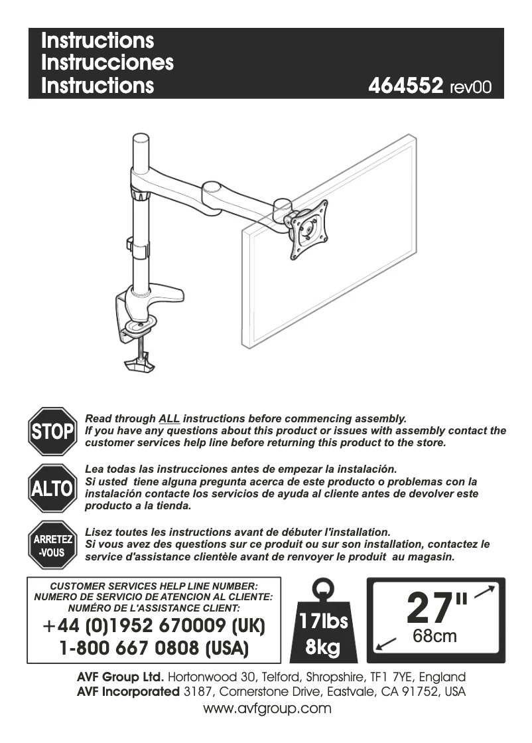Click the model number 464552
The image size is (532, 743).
(x=405, y=87)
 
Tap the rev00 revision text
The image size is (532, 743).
(x=470, y=88)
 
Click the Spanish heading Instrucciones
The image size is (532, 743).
(x=107, y=63)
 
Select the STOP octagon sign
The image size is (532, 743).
(x=52, y=432)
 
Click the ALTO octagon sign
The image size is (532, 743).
(x=52, y=489)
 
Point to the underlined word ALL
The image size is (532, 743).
(x=169, y=419)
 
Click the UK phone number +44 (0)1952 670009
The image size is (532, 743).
(x=154, y=626)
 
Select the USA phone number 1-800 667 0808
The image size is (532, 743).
(x=154, y=647)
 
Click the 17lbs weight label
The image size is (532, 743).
(x=323, y=622)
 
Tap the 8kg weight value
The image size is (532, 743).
(x=323, y=646)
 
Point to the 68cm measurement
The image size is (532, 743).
(x=434, y=636)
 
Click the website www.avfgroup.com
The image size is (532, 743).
(x=267, y=708)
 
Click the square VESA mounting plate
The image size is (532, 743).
(x=307, y=229)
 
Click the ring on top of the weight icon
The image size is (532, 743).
(x=323, y=588)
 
